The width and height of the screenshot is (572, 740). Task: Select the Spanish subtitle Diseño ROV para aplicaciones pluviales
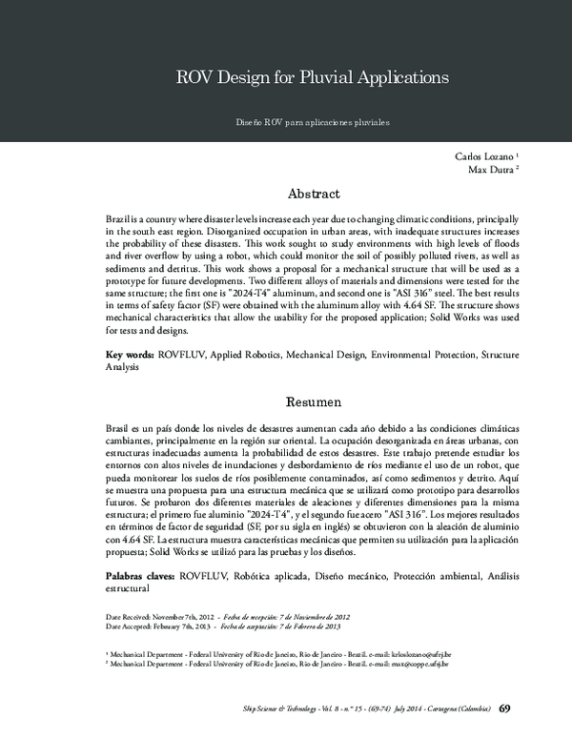click(313, 123)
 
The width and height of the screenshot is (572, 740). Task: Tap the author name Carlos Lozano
click(486, 155)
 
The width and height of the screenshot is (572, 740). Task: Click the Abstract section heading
click(313, 194)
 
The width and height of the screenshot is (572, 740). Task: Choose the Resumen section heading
click(313, 403)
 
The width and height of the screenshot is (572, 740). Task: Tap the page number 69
click(505, 708)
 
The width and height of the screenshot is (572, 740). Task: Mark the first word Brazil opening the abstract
click(119, 219)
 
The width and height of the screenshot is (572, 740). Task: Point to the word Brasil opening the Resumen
click(119, 430)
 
